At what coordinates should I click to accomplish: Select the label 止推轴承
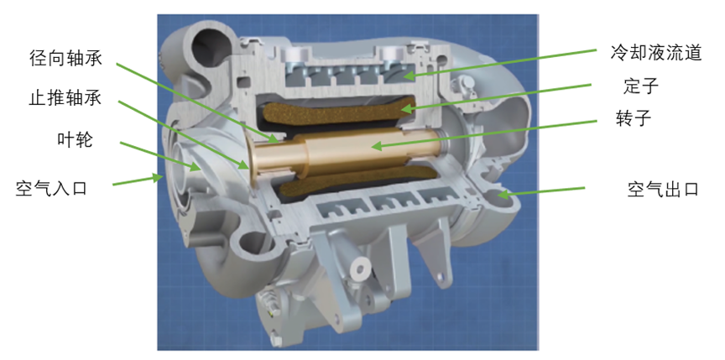tap(65, 98)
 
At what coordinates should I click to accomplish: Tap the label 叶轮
tap(75, 138)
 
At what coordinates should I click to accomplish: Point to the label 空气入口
tap(51, 188)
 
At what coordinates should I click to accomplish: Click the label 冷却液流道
tap(656, 53)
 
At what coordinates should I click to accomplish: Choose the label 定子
tap(640, 86)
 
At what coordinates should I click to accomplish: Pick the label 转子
tap(634, 118)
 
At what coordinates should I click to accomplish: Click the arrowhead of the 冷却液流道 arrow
tap(407, 73)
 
